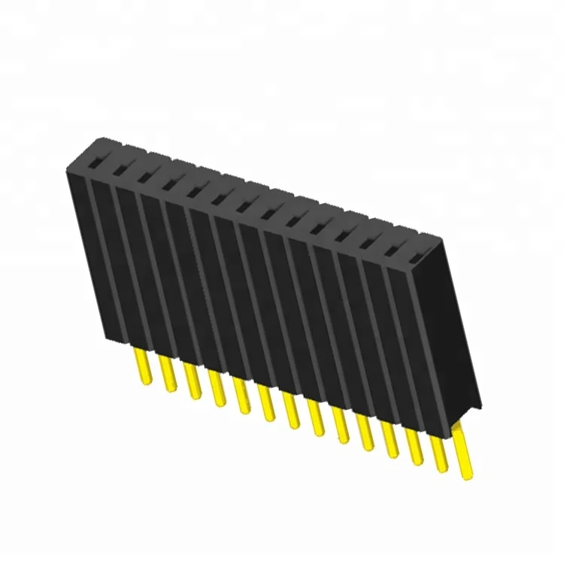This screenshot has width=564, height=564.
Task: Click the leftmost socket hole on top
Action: click(97, 159)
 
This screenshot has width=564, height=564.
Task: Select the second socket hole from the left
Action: click(120, 165)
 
